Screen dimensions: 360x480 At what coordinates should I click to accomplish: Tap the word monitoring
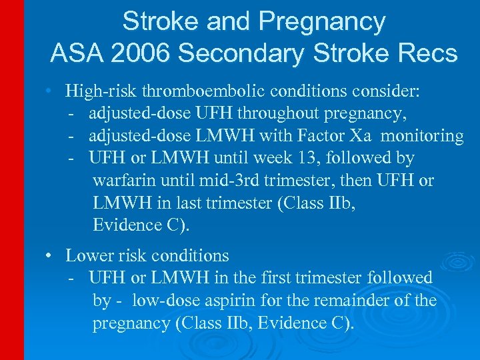coord(421,136)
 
